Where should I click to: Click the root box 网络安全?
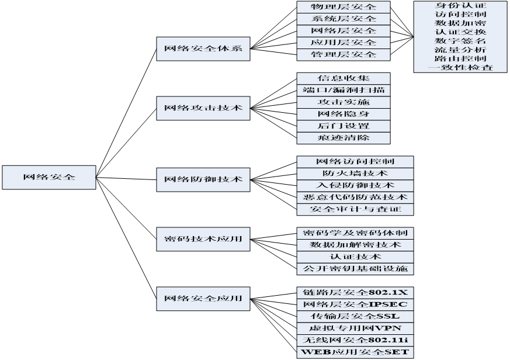(48, 176)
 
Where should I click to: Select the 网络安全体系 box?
(203, 49)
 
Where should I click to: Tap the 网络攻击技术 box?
(203, 108)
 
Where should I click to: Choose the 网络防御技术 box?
(203, 178)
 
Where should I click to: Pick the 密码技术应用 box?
(203, 238)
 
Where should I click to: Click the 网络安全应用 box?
(203, 298)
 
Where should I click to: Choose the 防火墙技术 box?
(355, 173)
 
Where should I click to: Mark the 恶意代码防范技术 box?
(355, 197)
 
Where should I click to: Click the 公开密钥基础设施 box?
(355, 269)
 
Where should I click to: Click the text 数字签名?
(460, 41)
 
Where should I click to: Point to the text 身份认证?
(460, 5)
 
